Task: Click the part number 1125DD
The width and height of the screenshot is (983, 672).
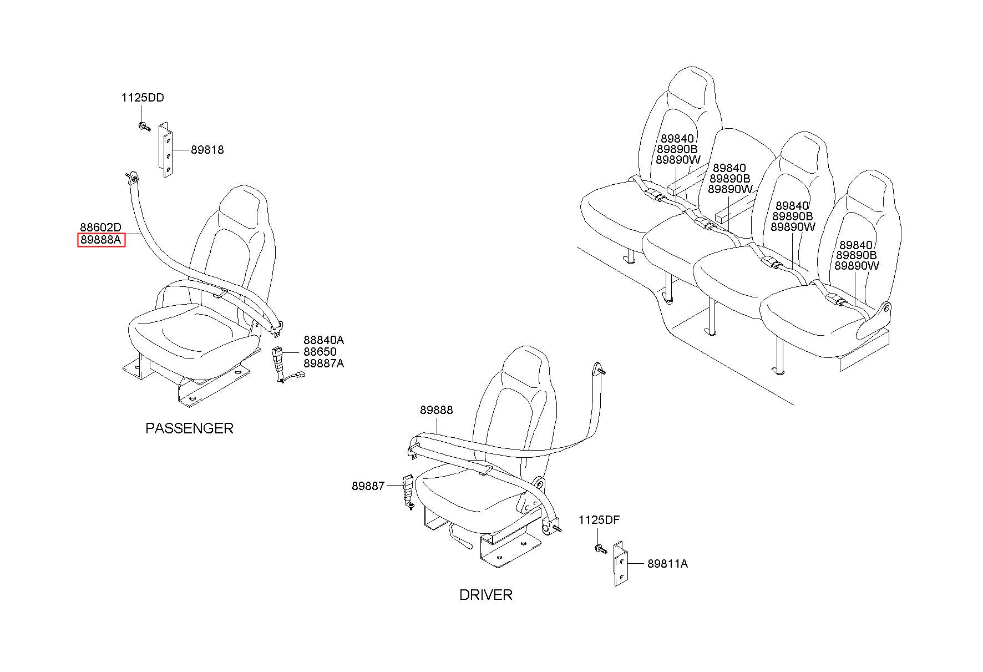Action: click(x=143, y=98)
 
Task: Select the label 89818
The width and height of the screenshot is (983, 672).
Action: click(x=207, y=150)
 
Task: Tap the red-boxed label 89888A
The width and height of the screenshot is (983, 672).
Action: click(x=101, y=240)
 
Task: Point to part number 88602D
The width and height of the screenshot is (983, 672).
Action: click(x=100, y=228)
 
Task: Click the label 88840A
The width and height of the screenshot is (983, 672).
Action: click(x=323, y=340)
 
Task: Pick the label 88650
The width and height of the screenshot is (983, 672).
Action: click(x=320, y=352)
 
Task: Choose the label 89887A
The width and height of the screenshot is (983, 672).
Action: click(x=323, y=363)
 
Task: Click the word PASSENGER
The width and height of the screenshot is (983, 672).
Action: click(x=189, y=428)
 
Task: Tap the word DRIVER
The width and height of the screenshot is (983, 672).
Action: click(x=485, y=595)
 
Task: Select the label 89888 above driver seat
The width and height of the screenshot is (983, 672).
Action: click(x=436, y=410)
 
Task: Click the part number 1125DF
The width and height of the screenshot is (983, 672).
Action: click(x=599, y=520)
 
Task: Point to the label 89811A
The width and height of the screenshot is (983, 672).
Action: click(x=667, y=564)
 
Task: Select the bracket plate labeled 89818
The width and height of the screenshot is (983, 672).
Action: click(x=166, y=150)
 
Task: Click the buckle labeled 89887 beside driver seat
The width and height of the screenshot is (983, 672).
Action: click(x=408, y=488)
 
